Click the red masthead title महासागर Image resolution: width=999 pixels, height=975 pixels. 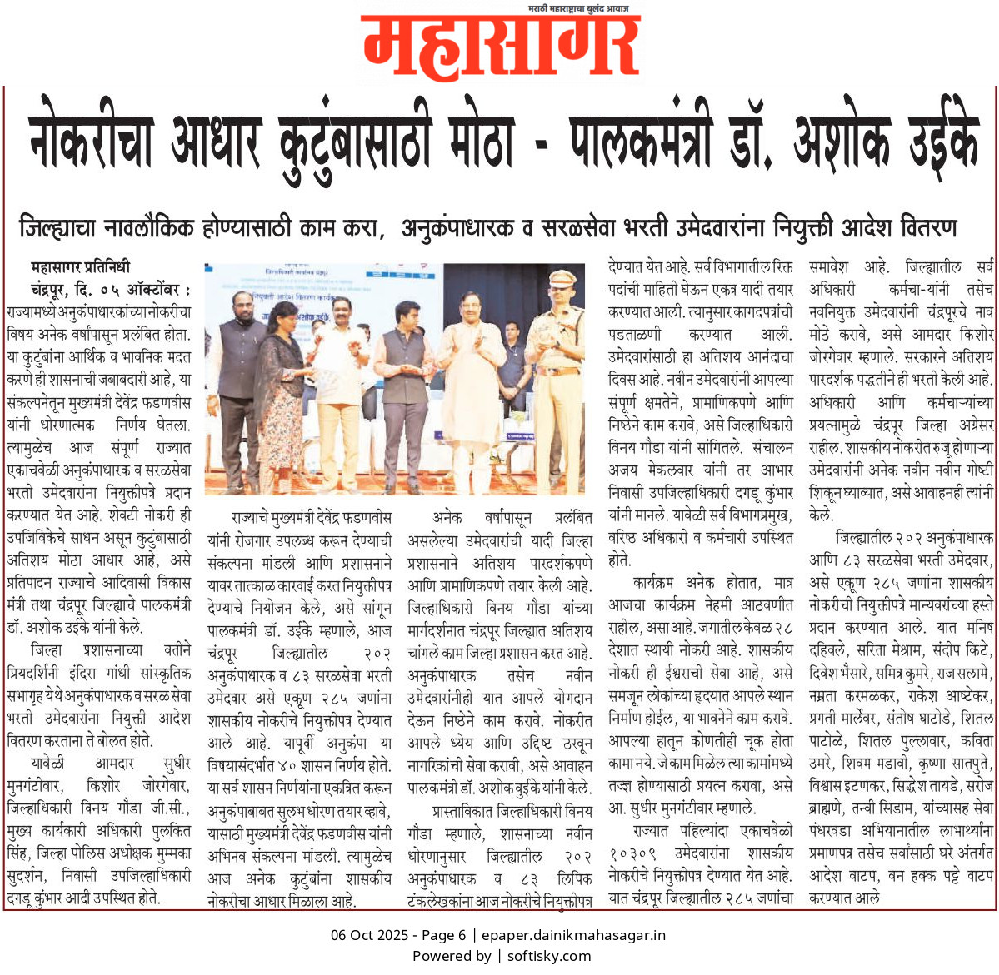[x=501, y=48]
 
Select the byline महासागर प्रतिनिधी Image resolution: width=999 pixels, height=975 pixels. [x=80, y=268]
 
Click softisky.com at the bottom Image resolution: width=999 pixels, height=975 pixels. [x=549, y=956]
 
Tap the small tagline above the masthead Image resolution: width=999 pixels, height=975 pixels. [x=578, y=8]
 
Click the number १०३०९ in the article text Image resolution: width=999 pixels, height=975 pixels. [x=633, y=853]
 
